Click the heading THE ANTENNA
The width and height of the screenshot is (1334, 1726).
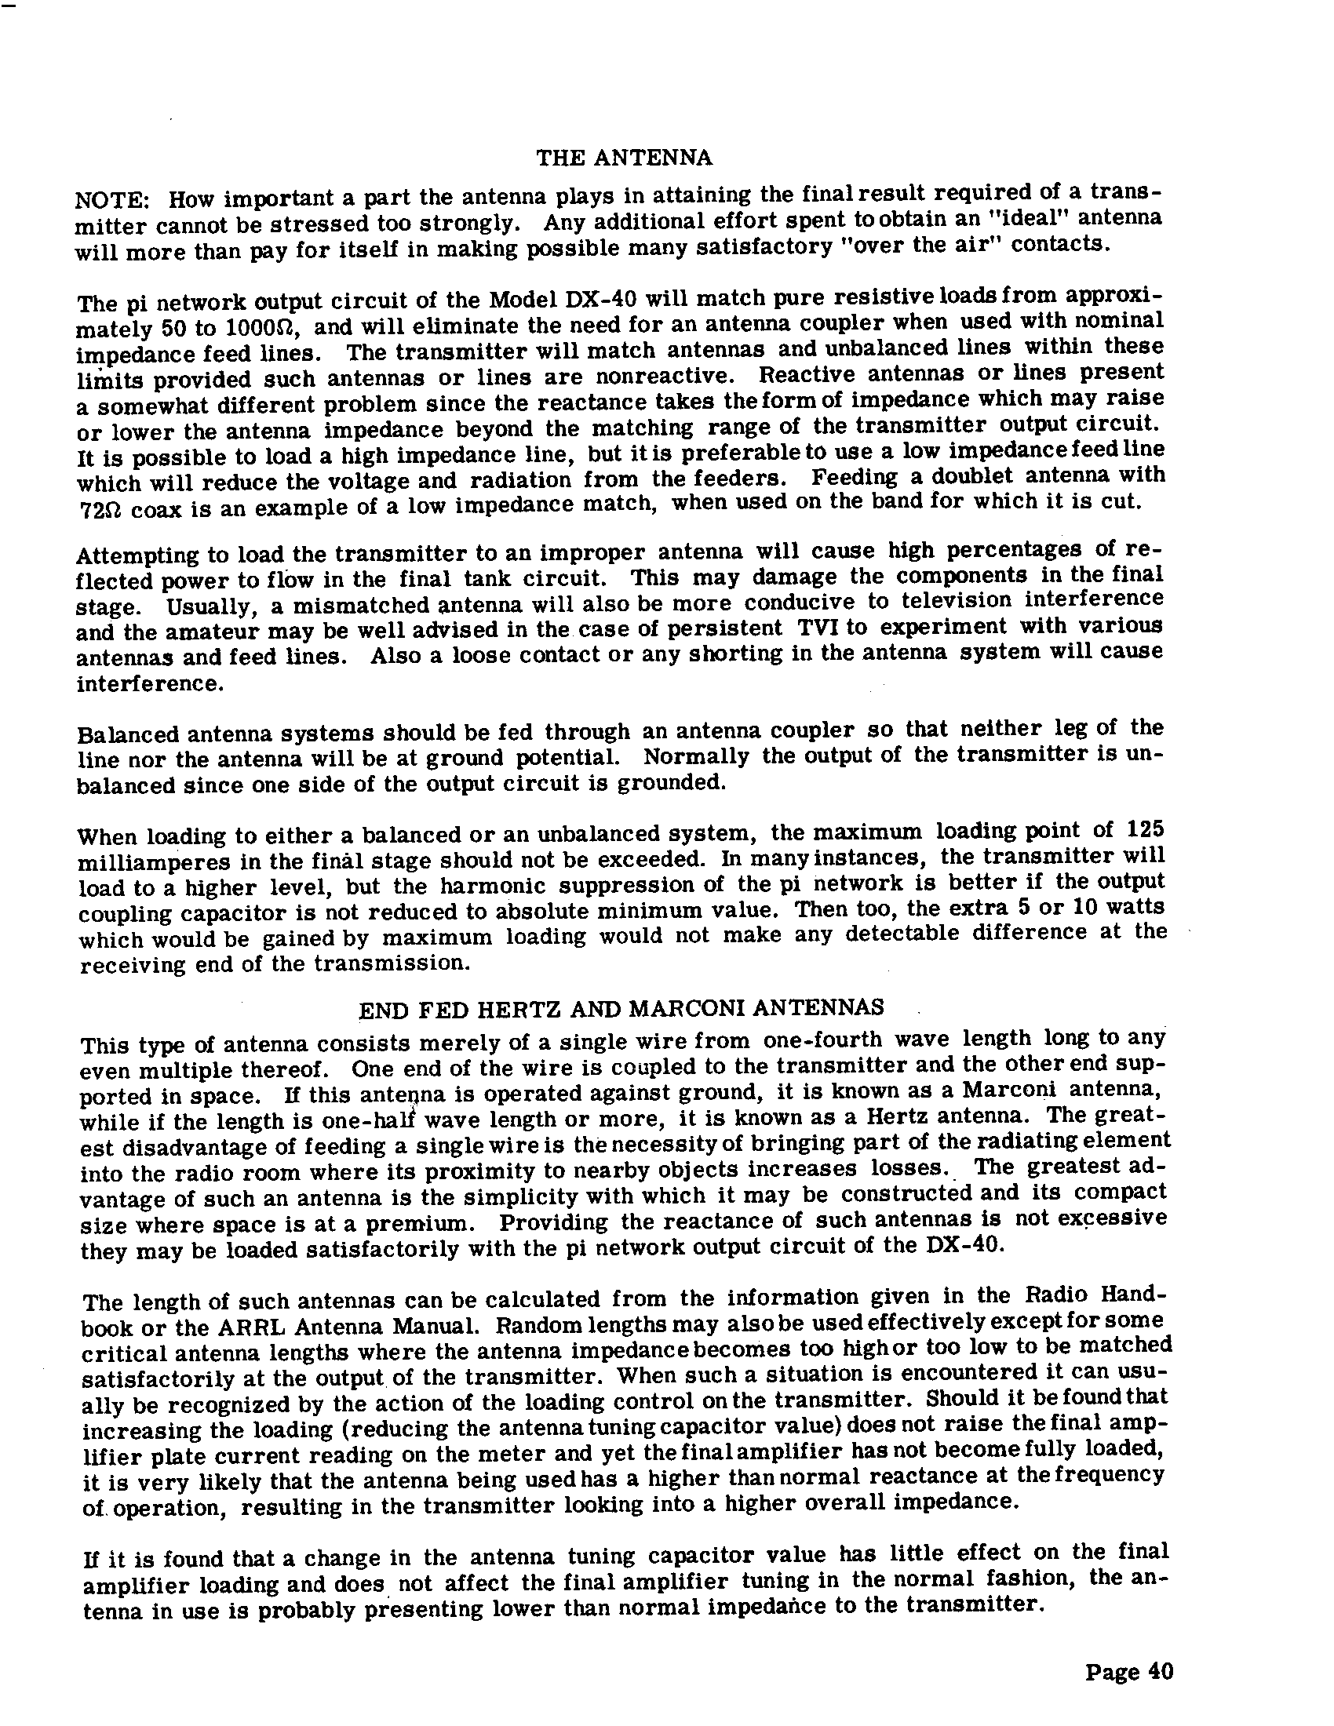(x=625, y=158)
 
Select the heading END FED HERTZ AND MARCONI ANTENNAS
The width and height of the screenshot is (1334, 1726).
(x=621, y=1008)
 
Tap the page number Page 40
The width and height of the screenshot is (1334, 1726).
(x=1128, y=1673)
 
